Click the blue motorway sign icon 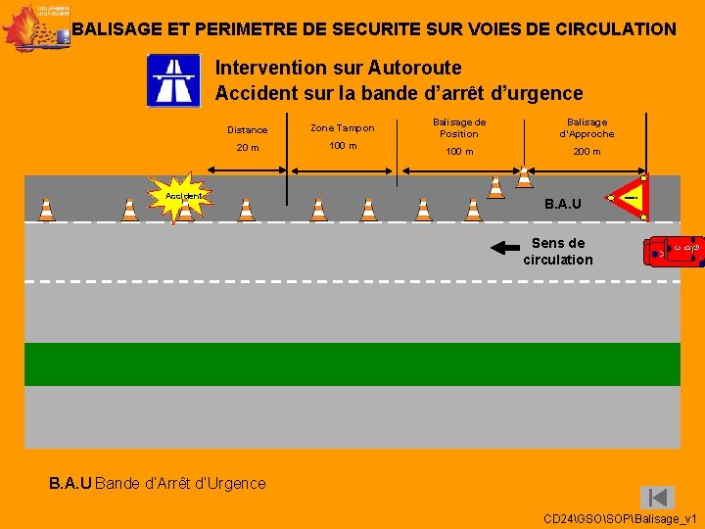173,80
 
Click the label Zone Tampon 342,128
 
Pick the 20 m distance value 248,148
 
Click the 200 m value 587,152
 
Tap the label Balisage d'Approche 587,127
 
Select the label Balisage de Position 459,127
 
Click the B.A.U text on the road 563,204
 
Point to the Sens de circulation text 558,252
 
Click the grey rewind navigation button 657,497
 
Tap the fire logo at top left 34,26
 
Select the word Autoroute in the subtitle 414,68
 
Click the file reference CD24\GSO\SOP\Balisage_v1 620,517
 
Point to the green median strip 352,364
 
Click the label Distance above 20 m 248,129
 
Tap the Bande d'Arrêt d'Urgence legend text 180,483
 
